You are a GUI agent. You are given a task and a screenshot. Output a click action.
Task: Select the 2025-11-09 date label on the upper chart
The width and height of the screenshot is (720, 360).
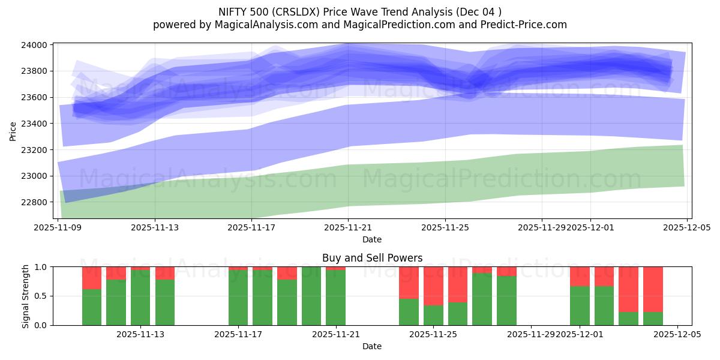tap(58, 228)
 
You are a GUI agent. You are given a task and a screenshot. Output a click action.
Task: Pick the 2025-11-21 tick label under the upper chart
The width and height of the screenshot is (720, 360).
tap(348, 228)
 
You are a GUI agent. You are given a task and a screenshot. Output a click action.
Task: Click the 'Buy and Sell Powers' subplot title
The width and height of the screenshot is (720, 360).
tap(372, 258)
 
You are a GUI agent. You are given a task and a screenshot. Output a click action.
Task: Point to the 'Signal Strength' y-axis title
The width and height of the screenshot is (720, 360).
tap(25, 296)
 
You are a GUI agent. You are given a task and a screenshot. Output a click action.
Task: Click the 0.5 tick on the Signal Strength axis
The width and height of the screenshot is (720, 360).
tap(41, 296)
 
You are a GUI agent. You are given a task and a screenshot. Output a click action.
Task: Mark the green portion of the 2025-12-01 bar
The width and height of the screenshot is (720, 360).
tap(580, 306)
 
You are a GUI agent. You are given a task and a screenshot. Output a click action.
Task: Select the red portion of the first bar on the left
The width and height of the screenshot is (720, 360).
tap(92, 278)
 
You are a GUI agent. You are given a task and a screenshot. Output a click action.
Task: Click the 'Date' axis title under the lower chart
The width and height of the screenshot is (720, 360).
tap(372, 346)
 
